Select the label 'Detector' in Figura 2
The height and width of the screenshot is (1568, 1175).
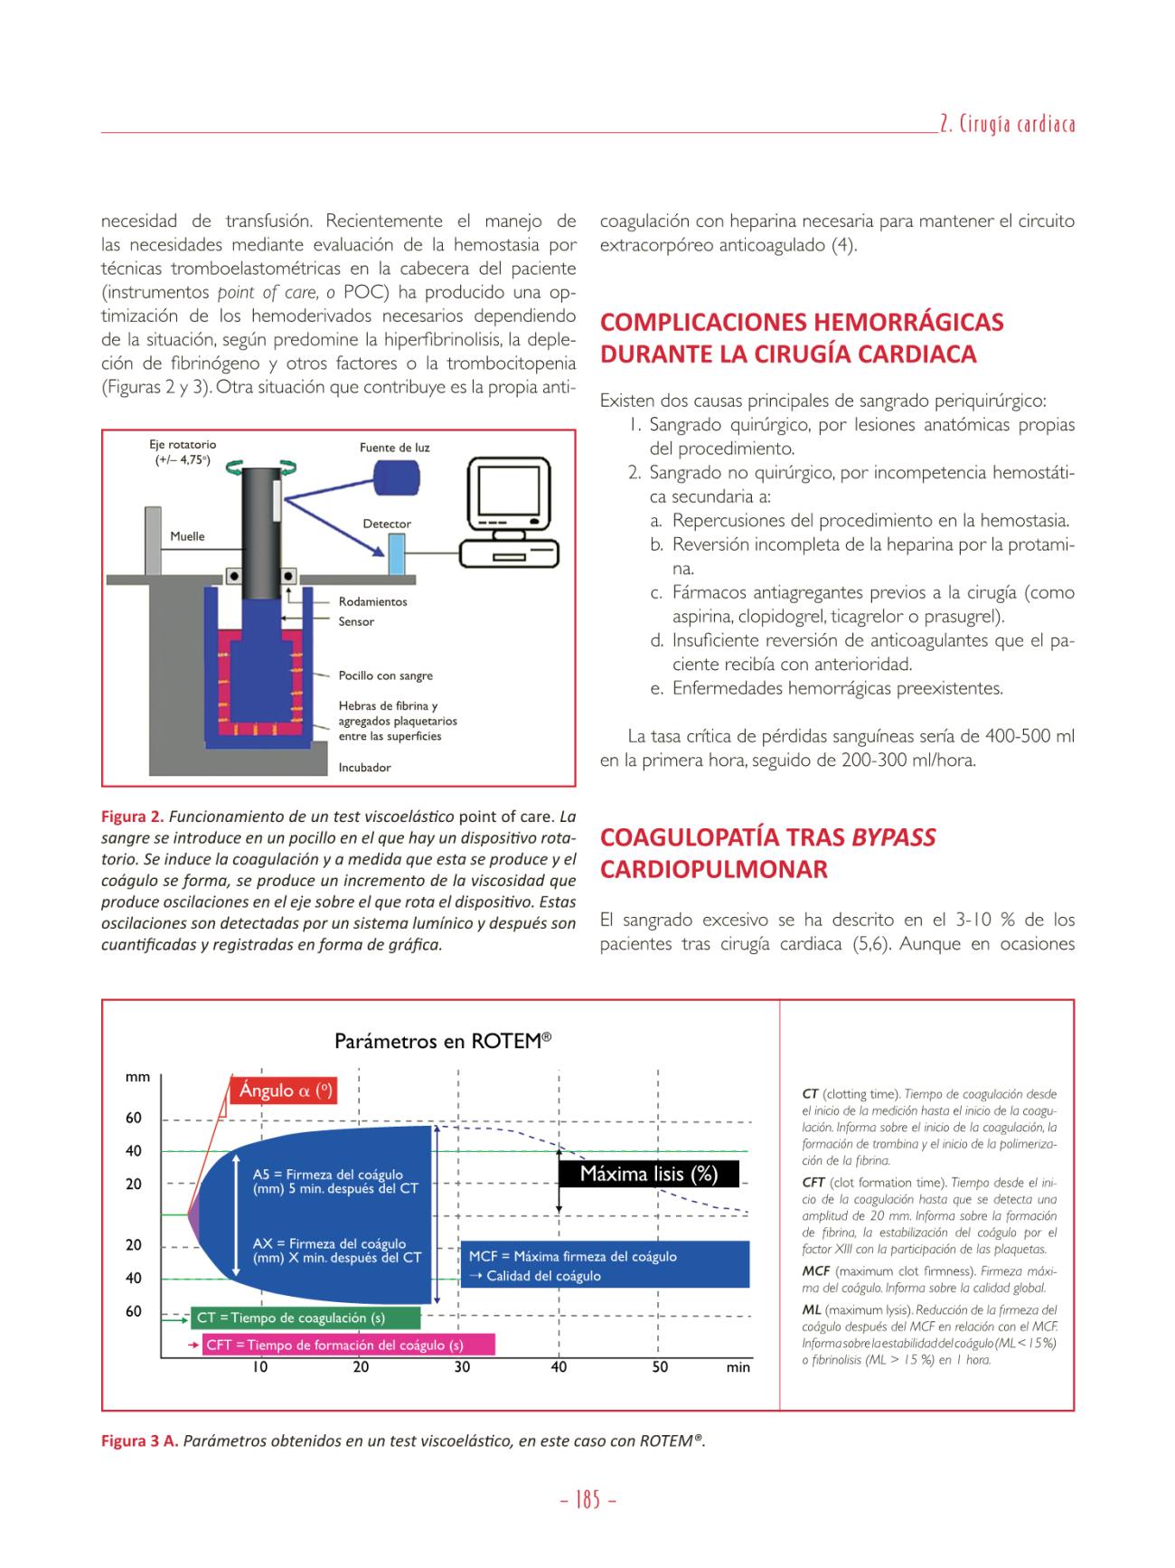click(x=387, y=524)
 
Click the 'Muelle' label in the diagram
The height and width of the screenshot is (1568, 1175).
click(x=187, y=536)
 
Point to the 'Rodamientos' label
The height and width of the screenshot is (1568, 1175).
click(x=372, y=601)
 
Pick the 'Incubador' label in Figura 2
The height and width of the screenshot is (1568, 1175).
click(x=364, y=768)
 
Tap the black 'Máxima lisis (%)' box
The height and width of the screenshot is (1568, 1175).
click(x=649, y=1174)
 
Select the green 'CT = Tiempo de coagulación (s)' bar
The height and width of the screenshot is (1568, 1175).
click(x=306, y=1318)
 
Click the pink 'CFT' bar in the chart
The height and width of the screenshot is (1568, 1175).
click(x=348, y=1345)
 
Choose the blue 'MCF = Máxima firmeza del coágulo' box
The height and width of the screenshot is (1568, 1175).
click(x=605, y=1265)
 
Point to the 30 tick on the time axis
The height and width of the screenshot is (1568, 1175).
click(x=462, y=1367)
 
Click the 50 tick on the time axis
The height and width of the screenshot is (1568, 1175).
click(x=660, y=1367)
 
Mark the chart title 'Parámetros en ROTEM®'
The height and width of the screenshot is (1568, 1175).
click(x=443, y=1041)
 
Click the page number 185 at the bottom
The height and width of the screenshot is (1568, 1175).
click(x=587, y=1501)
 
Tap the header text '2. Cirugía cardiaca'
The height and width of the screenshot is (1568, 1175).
click(x=1007, y=123)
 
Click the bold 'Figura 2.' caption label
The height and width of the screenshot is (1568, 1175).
click(x=132, y=817)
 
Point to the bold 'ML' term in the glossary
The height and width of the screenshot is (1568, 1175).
click(x=812, y=1309)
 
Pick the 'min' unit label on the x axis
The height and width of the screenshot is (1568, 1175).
click(x=738, y=1367)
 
